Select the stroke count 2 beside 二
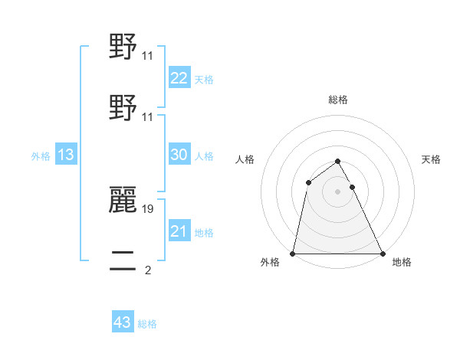point(147,270)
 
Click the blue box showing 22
point(179,78)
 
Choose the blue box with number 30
point(179,155)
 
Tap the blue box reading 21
point(179,231)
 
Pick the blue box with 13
point(66,155)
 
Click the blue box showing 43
point(123,322)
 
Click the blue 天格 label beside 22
point(203,80)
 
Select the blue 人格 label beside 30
point(203,156)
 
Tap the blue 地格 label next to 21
point(203,233)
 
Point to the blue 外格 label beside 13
point(41,156)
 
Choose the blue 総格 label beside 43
point(147,324)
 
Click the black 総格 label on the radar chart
point(337,100)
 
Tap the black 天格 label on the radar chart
point(431,159)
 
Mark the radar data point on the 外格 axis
point(293,253)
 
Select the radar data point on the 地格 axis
point(382,253)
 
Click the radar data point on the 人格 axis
point(308,182)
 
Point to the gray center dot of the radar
point(337,191)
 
